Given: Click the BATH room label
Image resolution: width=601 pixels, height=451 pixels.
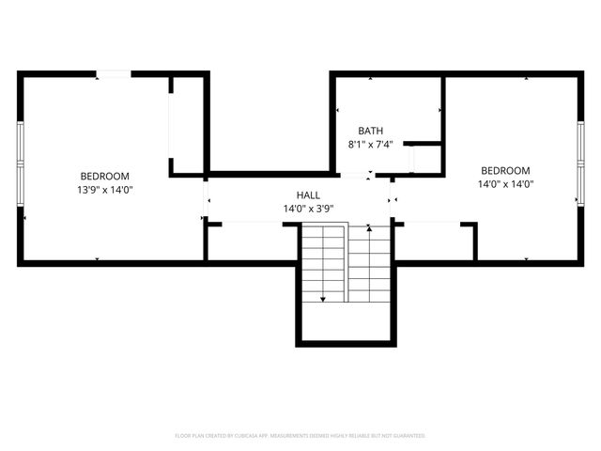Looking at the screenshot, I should [370, 131].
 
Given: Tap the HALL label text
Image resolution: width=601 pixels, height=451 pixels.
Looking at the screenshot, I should [308, 194].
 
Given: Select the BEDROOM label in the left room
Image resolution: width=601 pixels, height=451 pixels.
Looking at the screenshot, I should [104, 176].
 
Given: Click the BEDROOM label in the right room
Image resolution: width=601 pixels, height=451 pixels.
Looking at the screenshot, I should [506, 170].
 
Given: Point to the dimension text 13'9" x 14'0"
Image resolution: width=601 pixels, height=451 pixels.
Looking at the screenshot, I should [104, 190].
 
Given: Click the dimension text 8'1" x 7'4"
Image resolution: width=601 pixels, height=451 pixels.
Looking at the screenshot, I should [370, 145].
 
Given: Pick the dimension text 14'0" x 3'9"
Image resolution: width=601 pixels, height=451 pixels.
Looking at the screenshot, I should [308, 209].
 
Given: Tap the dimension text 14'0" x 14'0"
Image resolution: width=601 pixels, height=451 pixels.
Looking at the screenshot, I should [506, 184].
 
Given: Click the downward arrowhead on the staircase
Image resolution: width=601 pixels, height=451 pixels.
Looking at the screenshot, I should [323, 298].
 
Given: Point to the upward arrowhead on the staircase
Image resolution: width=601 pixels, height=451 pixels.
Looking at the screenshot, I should [370, 226].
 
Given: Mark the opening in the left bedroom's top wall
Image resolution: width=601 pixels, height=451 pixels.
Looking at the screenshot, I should [114, 73].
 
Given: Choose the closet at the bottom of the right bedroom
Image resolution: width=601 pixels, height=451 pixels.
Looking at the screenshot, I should [433, 241].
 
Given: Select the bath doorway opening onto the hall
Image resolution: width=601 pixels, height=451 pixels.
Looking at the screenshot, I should [354, 176].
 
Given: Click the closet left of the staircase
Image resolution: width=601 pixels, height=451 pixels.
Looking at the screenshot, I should [252, 241].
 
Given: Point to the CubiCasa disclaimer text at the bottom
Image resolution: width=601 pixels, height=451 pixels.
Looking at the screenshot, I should [300, 436].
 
